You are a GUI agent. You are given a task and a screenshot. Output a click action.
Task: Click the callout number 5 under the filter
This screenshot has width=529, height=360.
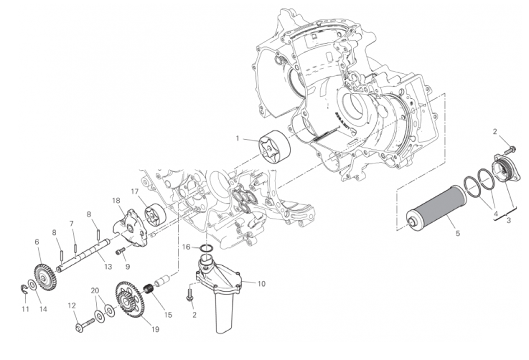click(457, 233)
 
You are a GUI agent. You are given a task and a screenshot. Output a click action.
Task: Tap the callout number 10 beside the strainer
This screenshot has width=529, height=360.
click(261, 284)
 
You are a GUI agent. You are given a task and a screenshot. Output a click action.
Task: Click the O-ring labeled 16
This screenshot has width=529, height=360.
click(206, 249)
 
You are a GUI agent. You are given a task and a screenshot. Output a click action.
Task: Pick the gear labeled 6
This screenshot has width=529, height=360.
click(45, 278)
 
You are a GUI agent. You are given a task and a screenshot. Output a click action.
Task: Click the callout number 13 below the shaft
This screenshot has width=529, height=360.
click(108, 267)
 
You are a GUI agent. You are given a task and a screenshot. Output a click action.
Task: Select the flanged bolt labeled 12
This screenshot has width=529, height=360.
click(86, 326)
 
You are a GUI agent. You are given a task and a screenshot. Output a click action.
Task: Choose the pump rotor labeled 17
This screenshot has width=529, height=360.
click(155, 214)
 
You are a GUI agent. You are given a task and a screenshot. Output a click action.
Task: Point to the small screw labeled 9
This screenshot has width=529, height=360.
click(121, 251)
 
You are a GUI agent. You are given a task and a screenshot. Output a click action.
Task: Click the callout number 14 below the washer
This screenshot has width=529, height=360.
click(43, 309)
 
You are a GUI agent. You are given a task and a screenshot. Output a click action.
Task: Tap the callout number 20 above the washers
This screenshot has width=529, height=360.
click(95, 290)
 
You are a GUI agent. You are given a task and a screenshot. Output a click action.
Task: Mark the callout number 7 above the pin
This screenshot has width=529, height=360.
click(72, 224)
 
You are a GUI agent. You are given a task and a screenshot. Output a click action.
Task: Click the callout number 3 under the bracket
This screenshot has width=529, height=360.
click(509, 220)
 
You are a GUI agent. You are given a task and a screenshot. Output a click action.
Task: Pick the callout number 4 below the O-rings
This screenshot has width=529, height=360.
click(495, 214)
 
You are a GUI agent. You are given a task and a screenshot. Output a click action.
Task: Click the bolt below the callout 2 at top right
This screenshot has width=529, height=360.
click(510, 148)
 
